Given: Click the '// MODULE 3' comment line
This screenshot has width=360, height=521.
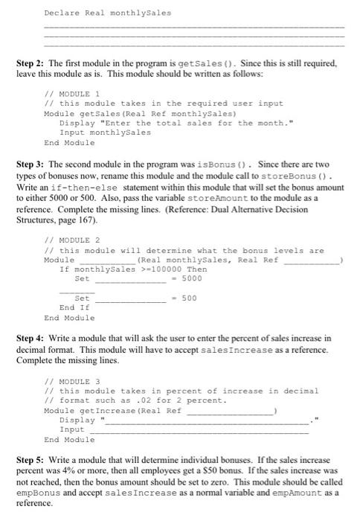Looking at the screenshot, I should click(x=66, y=381).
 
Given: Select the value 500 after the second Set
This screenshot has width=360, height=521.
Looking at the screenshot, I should click(x=187, y=298).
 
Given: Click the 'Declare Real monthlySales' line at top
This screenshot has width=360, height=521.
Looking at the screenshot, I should click(x=107, y=13).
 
